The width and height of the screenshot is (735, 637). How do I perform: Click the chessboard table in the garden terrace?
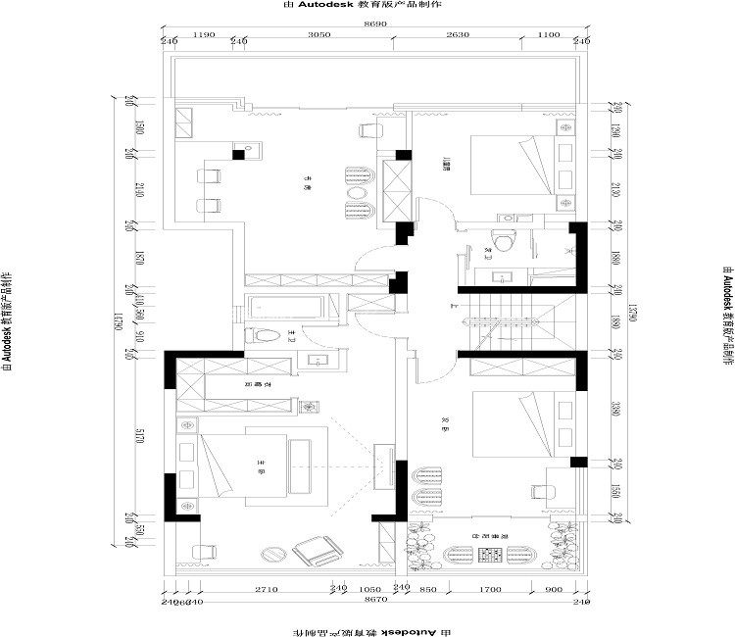pos(488,555)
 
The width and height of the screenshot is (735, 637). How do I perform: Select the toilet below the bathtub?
pos(268,337)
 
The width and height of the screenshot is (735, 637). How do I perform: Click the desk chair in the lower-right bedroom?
pos(546,491)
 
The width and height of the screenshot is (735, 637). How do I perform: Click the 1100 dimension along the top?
pos(549,33)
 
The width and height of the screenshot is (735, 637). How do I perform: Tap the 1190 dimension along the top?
pos(204,33)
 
